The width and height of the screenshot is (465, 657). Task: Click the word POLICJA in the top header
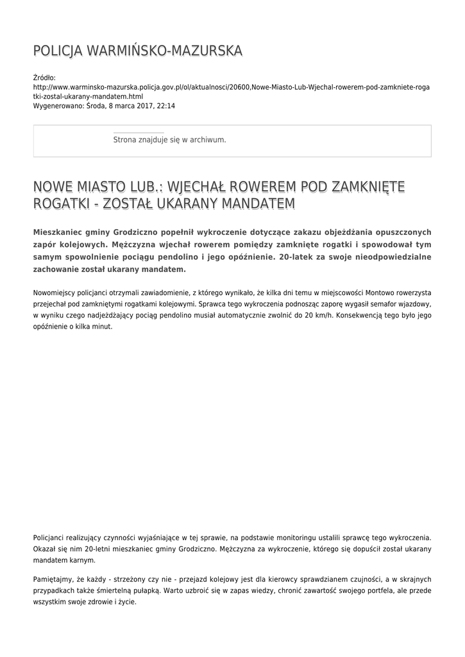[x=56, y=51]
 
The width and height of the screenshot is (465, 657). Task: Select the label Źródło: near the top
[x=45, y=78]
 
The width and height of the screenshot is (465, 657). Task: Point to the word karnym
[x=76, y=559]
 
